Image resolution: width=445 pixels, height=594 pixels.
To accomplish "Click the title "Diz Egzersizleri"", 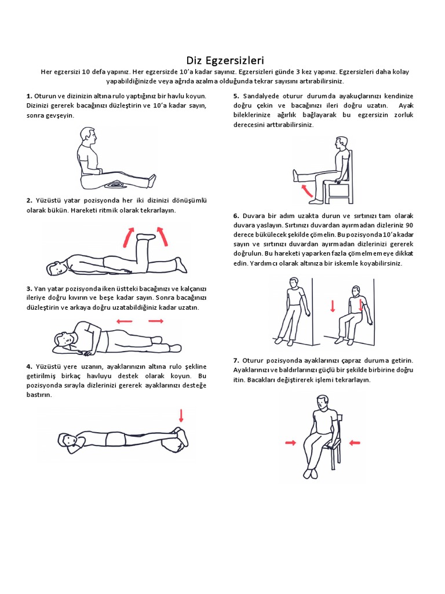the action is point(225,60).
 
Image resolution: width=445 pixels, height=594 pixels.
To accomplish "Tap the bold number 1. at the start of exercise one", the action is point(29,96).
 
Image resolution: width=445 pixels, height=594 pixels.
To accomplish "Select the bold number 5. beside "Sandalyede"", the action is point(236,96).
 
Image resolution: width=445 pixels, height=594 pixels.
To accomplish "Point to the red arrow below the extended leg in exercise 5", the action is point(307,190).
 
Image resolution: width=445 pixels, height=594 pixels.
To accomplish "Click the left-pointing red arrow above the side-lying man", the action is point(125,321).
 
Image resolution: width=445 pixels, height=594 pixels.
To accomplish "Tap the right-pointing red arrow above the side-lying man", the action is point(156,321).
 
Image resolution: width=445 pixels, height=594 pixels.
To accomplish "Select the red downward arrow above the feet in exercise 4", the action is point(181,415).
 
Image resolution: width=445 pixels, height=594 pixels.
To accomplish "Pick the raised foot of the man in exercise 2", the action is point(146,237).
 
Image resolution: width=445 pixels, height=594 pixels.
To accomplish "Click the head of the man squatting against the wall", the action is point(356,291).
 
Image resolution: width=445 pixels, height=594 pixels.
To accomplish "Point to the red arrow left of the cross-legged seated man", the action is point(291,443).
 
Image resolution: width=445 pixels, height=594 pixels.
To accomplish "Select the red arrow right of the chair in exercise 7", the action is point(355,442).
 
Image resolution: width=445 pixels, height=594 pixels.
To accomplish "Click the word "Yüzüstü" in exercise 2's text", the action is point(47,200).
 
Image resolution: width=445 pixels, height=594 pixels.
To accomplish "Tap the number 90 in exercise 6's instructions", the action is point(409,225).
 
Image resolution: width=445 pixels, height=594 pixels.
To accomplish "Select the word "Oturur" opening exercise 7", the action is point(252,360).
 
